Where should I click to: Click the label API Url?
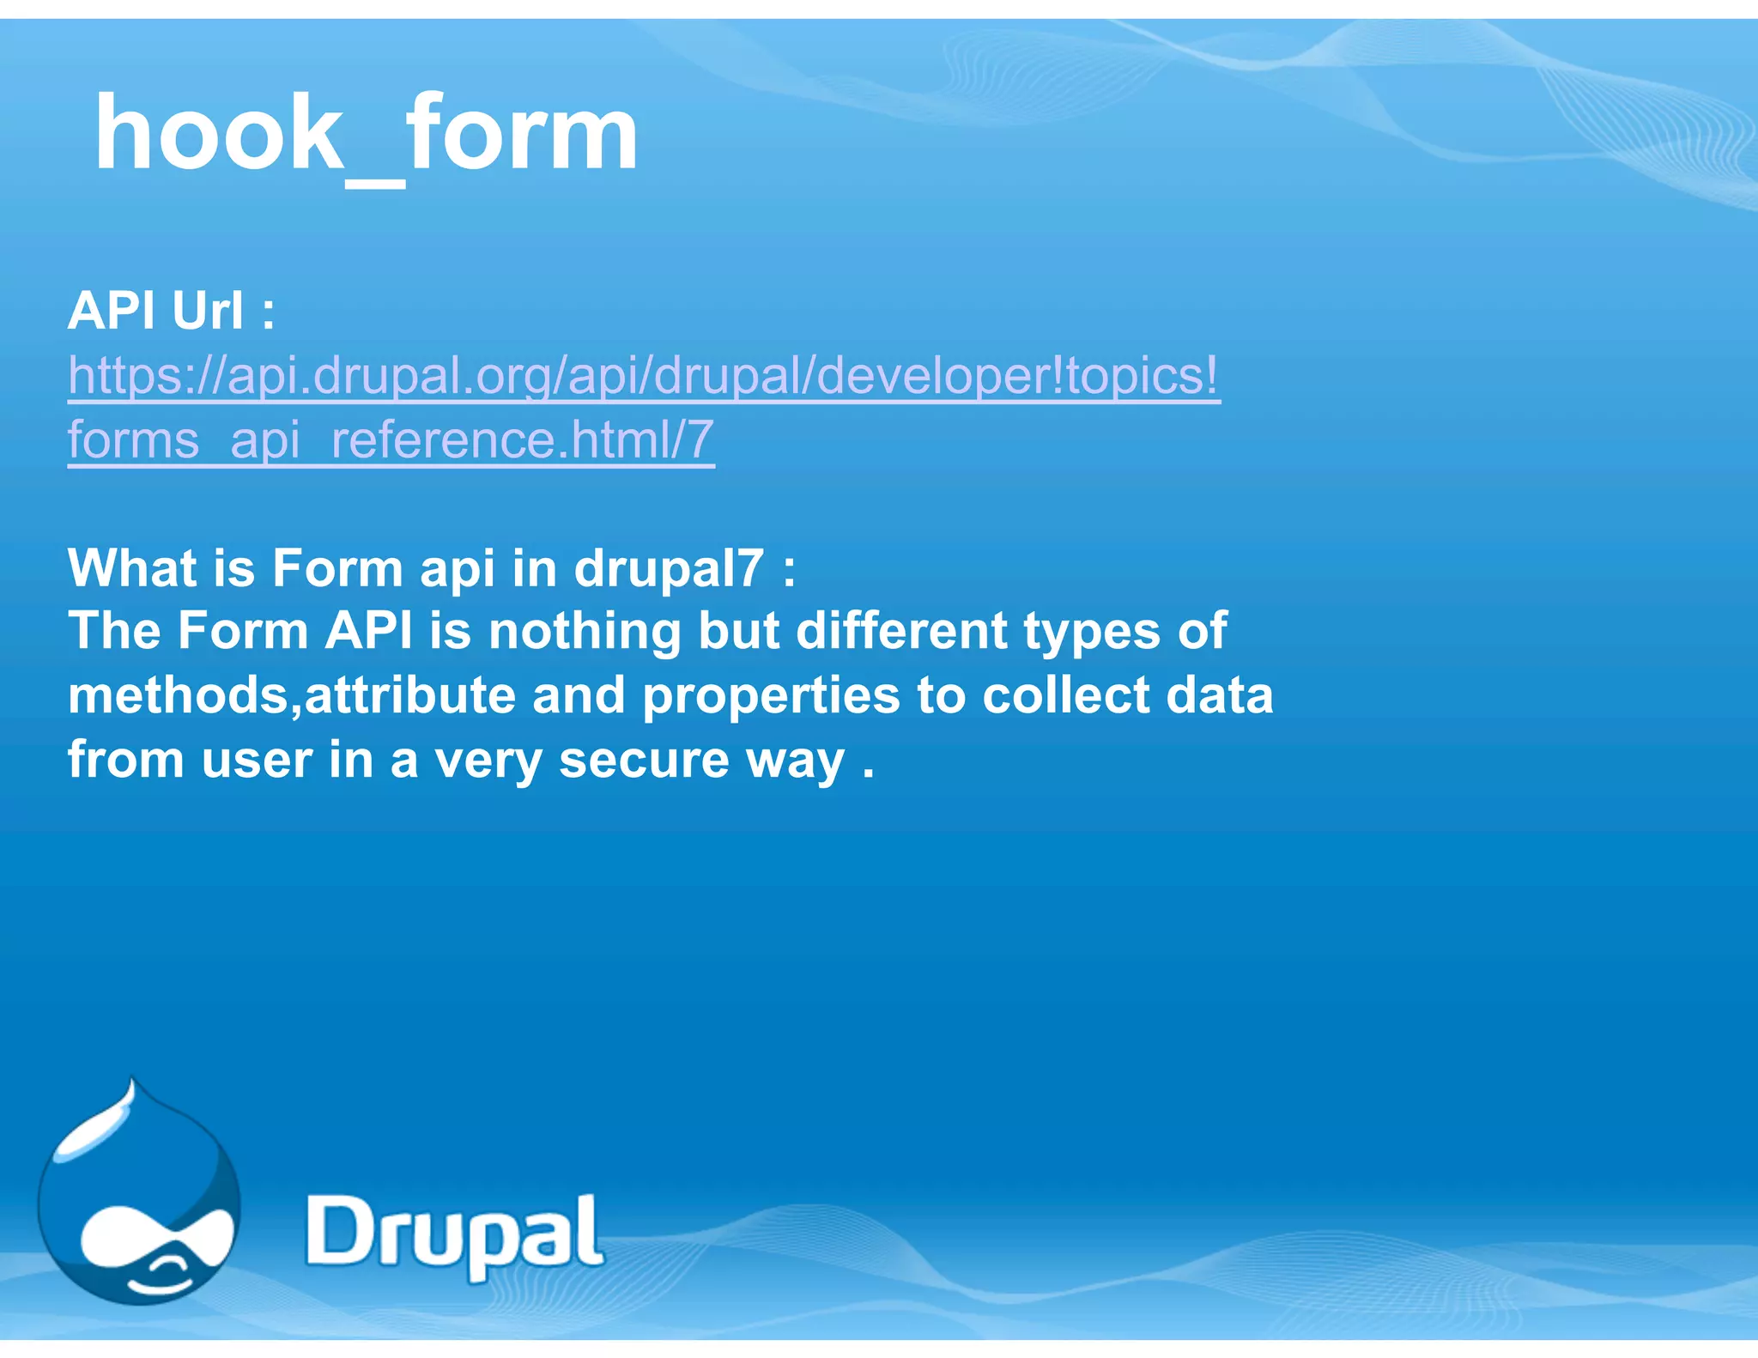tap(171, 310)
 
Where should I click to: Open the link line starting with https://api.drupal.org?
tap(643, 375)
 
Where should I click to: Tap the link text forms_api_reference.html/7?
tap(391, 440)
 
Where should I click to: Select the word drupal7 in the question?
tap(668, 568)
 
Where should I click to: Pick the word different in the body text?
tap(901, 631)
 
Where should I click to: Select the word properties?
tap(771, 696)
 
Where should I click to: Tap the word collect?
tap(1064, 695)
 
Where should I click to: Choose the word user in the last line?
tap(256, 761)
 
